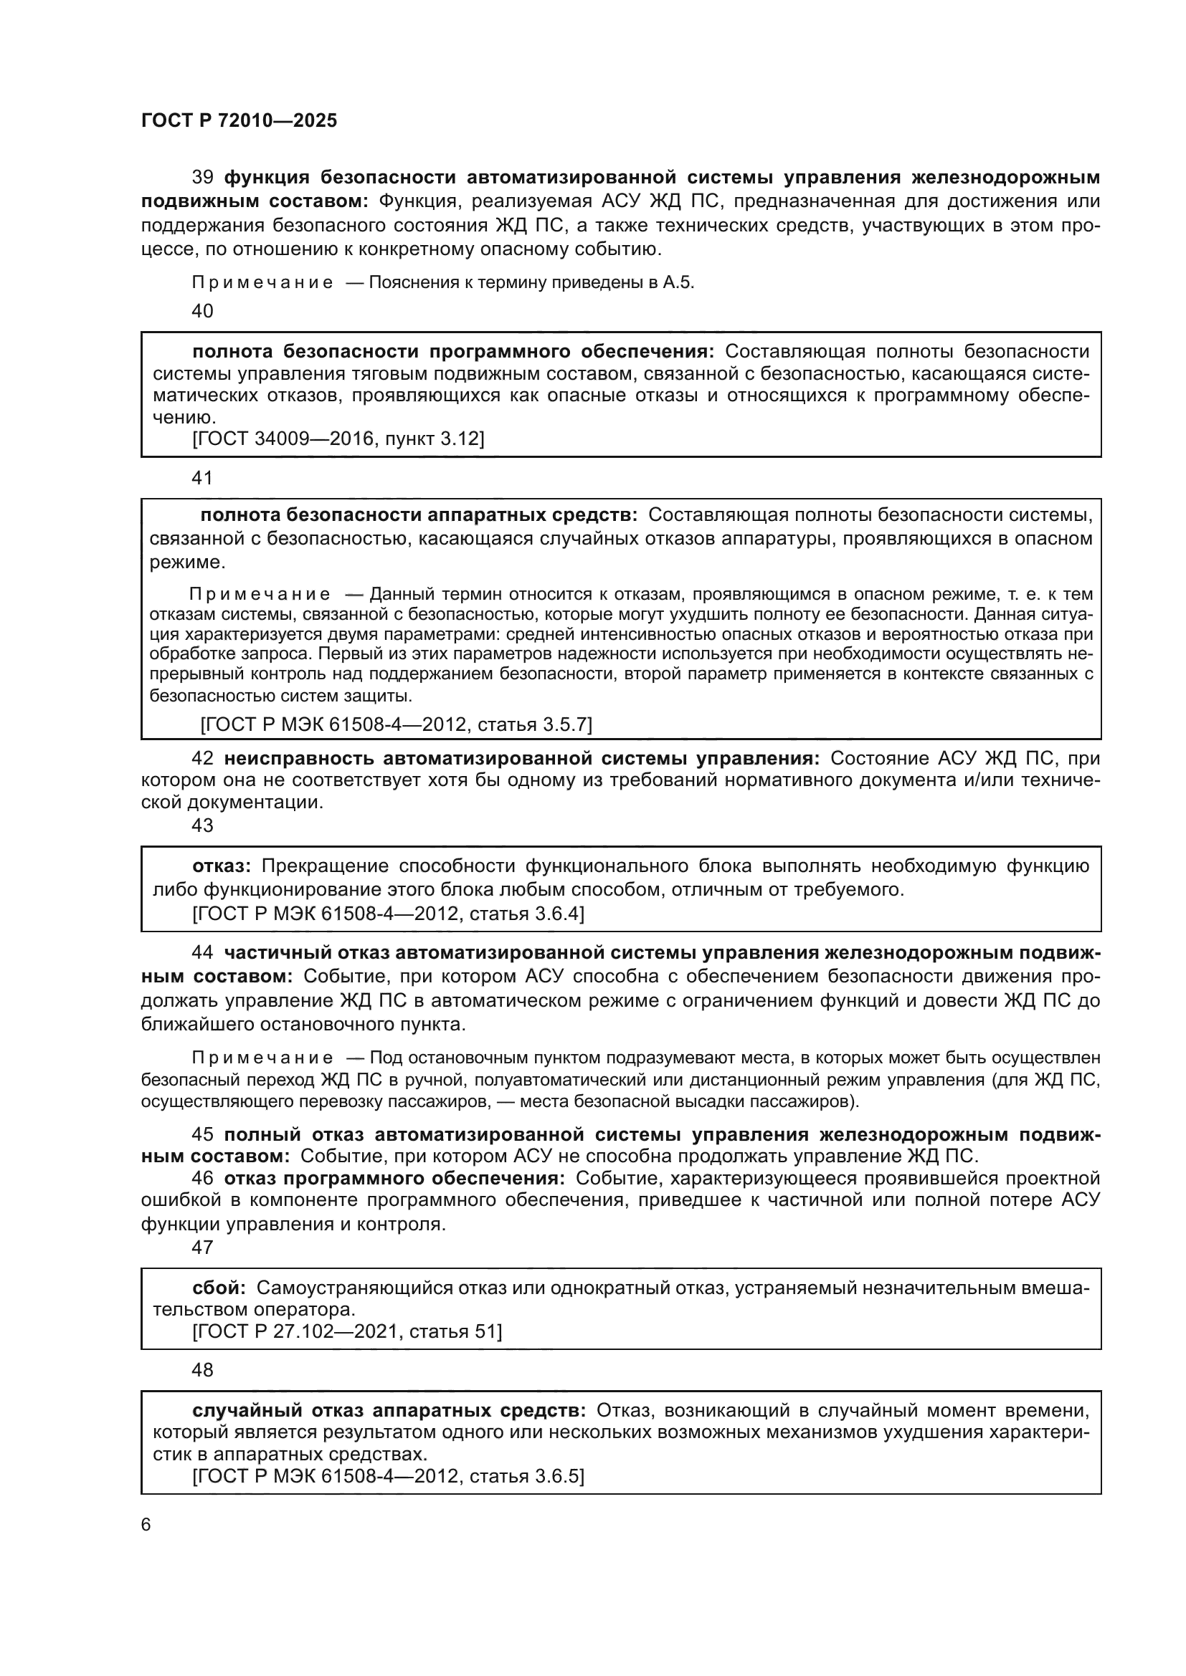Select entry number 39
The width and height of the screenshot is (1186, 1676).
tap(202, 178)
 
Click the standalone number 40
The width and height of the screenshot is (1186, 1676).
tap(202, 311)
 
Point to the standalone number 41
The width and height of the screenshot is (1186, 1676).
tap(202, 478)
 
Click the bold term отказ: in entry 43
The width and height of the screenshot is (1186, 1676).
tap(222, 866)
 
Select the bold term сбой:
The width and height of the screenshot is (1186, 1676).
tap(219, 1288)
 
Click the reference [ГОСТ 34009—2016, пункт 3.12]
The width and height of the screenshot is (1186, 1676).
tap(338, 439)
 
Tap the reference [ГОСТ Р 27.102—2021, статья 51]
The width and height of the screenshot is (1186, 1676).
tap(347, 1331)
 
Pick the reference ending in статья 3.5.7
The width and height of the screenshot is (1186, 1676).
tap(396, 724)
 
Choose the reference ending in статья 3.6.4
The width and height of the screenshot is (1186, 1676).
tap(388, 913)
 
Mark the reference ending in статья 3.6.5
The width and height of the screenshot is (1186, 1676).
tap(388, 1477)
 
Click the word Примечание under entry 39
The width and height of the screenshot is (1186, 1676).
tap(262, 283)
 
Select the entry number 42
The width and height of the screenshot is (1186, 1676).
tap(202, 758)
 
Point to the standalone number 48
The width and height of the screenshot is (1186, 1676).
tap(202, 1370)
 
